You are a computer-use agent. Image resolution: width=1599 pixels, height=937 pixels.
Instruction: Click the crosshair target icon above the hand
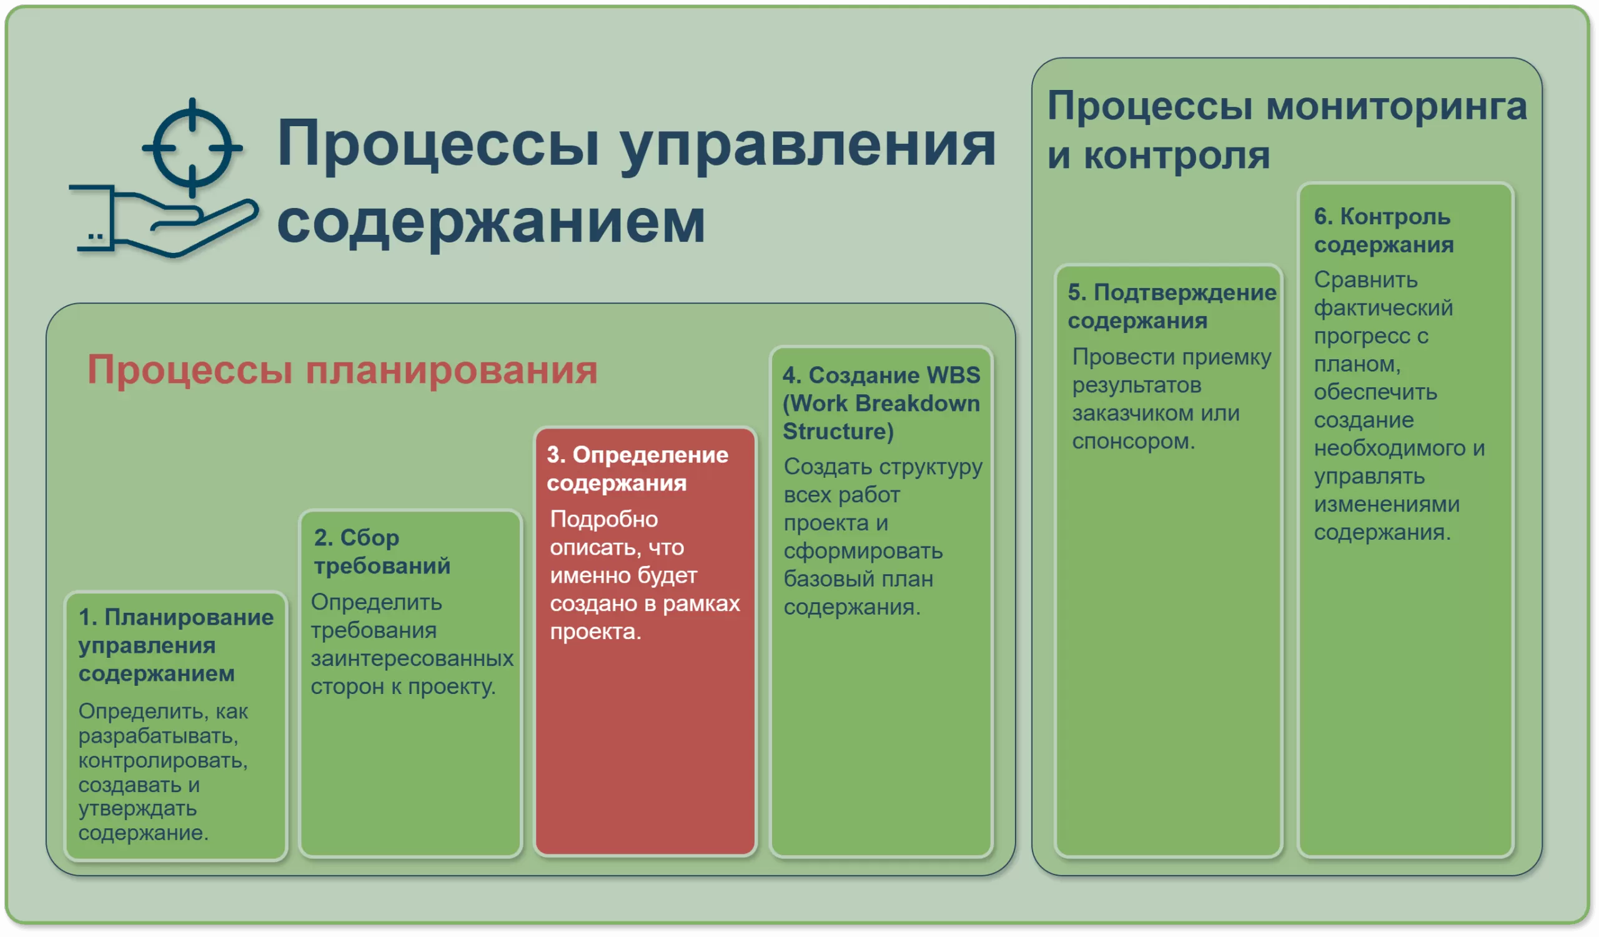[x=192, y=148]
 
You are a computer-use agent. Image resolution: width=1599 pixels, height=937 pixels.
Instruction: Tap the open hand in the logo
[x=164, y=221]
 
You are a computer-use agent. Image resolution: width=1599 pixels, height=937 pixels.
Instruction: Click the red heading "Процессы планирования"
[x=342, y=370]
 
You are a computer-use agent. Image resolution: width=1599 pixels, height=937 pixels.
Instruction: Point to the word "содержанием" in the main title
[x=491, y=221]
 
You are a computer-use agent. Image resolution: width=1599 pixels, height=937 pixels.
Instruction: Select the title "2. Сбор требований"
[x=382, y=552]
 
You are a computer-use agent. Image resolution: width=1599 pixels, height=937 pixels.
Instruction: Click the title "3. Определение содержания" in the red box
[x=637, y=469]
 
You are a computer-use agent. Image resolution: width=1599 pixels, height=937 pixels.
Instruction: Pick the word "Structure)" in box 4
[x=838, y=432]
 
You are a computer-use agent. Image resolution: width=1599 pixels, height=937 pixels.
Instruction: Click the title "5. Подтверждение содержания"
[x=1171, y=307]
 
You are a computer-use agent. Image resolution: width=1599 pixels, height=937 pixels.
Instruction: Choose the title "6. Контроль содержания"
[x=1384, y=231]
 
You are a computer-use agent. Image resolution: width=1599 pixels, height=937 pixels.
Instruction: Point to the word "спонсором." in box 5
[x=1133, y=442]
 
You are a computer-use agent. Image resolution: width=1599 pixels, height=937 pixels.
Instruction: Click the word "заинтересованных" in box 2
[x=412, y=658]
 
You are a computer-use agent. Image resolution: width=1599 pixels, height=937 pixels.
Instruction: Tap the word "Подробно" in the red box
[x=603, y=520]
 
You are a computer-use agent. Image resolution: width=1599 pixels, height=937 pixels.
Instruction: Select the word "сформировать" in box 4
[x=863, y=552]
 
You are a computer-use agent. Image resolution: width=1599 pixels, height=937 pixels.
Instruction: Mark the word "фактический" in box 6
[x=1384, y=309]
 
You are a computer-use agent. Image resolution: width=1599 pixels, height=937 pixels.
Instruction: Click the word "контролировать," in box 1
[x=162, y=760]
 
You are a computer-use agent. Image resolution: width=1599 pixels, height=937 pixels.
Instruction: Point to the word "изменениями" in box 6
[x=1387, y=504]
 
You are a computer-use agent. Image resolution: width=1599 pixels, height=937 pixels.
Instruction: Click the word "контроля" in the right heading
[x=1176, y=156]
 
